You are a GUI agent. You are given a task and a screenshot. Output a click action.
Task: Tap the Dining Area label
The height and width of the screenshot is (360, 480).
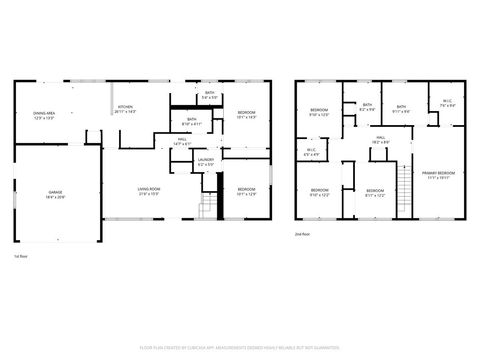click(x=43, y=114)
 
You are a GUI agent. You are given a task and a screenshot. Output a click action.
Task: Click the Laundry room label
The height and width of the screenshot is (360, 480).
click(x=206, y=160)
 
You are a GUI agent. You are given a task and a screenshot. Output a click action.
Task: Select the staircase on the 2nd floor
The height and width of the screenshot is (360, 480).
click(x=405, y=185)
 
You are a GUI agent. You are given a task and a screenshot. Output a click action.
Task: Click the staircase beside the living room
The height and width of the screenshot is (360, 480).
click(x=207, y=206)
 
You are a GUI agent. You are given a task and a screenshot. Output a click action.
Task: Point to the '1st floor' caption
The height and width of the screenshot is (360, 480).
click(x=19, y=257)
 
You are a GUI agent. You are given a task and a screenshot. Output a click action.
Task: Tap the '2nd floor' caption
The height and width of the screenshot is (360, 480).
click(x=302, y=233)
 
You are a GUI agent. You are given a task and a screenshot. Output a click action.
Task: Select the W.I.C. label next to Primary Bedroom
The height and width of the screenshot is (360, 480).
click(x=447, y=101)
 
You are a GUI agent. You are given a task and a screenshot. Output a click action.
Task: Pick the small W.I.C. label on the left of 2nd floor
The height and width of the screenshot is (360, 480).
click(x=311, y=151)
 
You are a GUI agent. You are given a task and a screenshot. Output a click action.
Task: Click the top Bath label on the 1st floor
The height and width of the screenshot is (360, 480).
click(x=210, y=93)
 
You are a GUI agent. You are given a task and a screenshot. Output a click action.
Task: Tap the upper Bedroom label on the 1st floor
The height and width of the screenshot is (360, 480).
click(x=246, y=112)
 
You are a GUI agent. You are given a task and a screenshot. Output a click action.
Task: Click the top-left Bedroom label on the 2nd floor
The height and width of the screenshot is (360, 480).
click(x=319, y=109)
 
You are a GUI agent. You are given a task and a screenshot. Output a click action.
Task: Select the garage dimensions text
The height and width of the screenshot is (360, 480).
click(x=55, y=197)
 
